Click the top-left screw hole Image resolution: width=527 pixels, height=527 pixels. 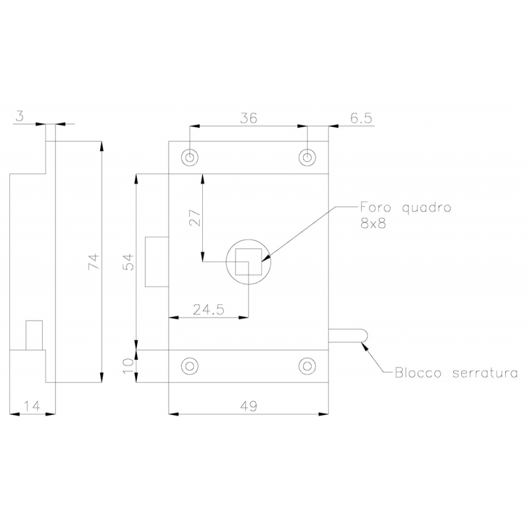(x=190, y=157)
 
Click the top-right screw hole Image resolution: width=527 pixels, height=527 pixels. (x=306, y=157)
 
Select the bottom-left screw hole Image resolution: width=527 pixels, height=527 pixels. (x=190, y=366)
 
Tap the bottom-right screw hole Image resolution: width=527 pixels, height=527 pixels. (x=306, y=366)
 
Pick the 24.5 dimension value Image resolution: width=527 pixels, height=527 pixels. (x=208, y=308)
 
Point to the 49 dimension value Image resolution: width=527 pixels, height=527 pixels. (x=248, y=406)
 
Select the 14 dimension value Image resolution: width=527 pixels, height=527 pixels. (x=30, y=406)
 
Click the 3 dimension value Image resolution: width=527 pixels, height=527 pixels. (x=19, y=116)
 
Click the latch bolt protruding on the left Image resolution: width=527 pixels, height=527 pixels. (x=157, y=261)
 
